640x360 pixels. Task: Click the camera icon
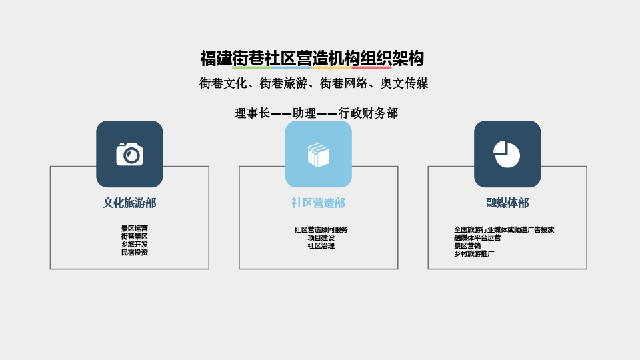[129, 154]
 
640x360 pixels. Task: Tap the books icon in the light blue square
[319, 155]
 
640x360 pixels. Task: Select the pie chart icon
[507, 154]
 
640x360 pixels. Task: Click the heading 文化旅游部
[129, 203]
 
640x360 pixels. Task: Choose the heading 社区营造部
[319, 203]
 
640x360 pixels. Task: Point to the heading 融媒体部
[507, 203]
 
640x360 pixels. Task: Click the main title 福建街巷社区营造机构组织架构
[312, 59]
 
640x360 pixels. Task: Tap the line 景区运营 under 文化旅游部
[134, 229]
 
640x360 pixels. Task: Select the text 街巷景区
[134, 236]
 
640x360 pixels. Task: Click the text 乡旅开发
[134, 245]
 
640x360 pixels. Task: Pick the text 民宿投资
[134, 252]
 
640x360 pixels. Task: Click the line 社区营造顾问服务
[321, 230]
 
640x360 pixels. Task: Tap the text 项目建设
[321, 237]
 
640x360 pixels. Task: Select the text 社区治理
[321, 246]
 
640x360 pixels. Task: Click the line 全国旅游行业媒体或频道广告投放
[504, 230]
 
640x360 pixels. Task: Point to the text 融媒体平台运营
[477, 237]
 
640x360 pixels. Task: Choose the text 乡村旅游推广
[474, 253]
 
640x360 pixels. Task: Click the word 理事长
[252, 113]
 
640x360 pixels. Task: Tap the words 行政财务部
[368, 113]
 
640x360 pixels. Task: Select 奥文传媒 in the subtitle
[404, 83]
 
